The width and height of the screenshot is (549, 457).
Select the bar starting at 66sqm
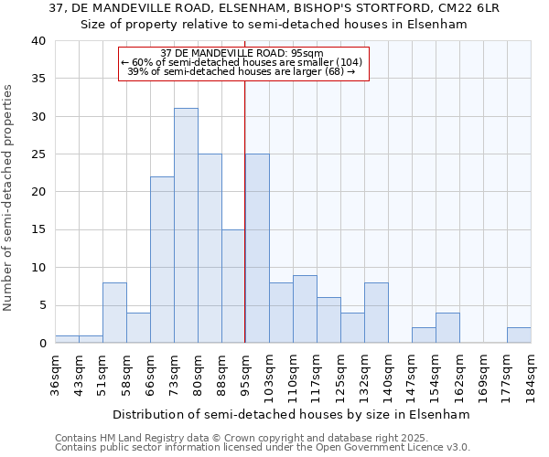162,260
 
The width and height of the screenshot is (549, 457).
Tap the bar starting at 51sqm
114,313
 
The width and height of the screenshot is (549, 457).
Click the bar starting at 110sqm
305,309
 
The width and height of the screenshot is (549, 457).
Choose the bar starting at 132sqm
376,313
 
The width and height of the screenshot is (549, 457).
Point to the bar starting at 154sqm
447,328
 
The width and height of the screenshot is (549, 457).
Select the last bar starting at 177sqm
519,335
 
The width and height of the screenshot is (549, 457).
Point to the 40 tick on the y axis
38,41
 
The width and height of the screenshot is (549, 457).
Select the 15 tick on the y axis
38,230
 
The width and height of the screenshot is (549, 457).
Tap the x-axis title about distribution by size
292,414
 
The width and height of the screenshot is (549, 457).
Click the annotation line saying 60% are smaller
242,62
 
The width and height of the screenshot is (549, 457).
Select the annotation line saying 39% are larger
242,71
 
